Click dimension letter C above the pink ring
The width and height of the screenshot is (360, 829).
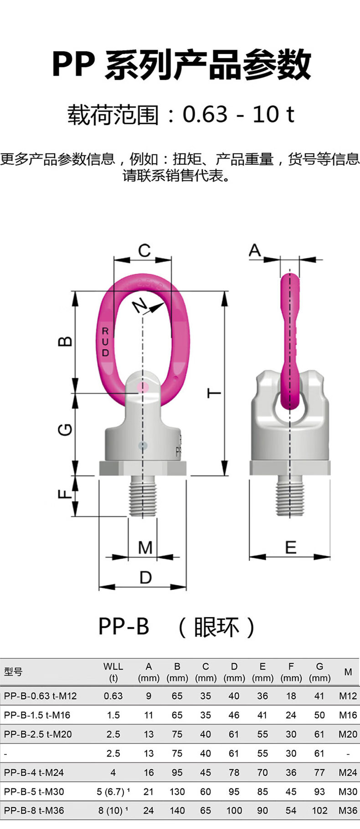click(144, 251)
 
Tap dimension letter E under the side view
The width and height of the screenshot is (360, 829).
click(290, 547)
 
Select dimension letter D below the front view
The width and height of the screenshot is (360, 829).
click(145, 578)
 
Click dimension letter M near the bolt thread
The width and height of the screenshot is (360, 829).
click(145, 548)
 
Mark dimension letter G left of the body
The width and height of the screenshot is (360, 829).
click(66, 429)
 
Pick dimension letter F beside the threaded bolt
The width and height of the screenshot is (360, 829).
click(66, 493)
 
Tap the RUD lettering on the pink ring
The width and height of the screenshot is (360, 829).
click(105, 342)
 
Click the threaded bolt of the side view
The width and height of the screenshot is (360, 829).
click(290, 496)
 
